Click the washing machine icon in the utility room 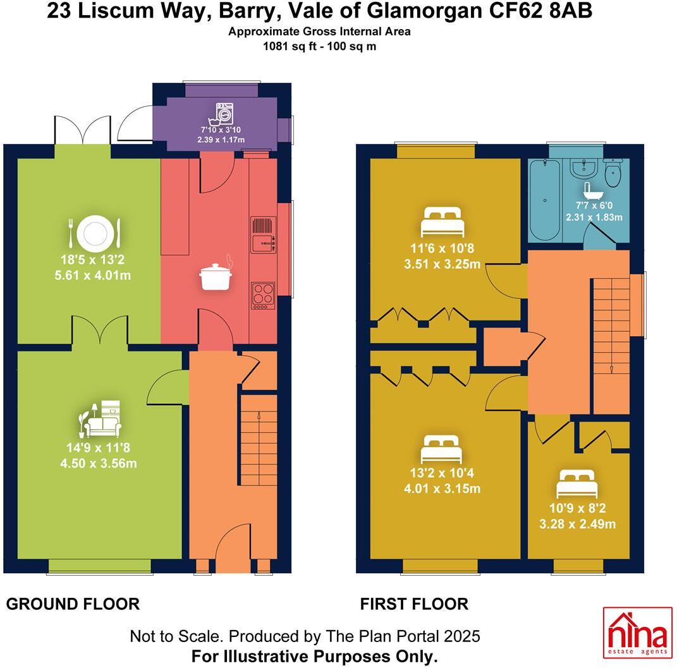point(224,113)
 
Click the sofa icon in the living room point(102,419)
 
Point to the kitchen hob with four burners point(263,295)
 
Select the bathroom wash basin point(582,168)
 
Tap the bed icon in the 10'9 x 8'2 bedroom point(576,485)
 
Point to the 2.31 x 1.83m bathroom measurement point(594,217)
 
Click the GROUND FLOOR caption point(73,604)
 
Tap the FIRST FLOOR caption point(414,604)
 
